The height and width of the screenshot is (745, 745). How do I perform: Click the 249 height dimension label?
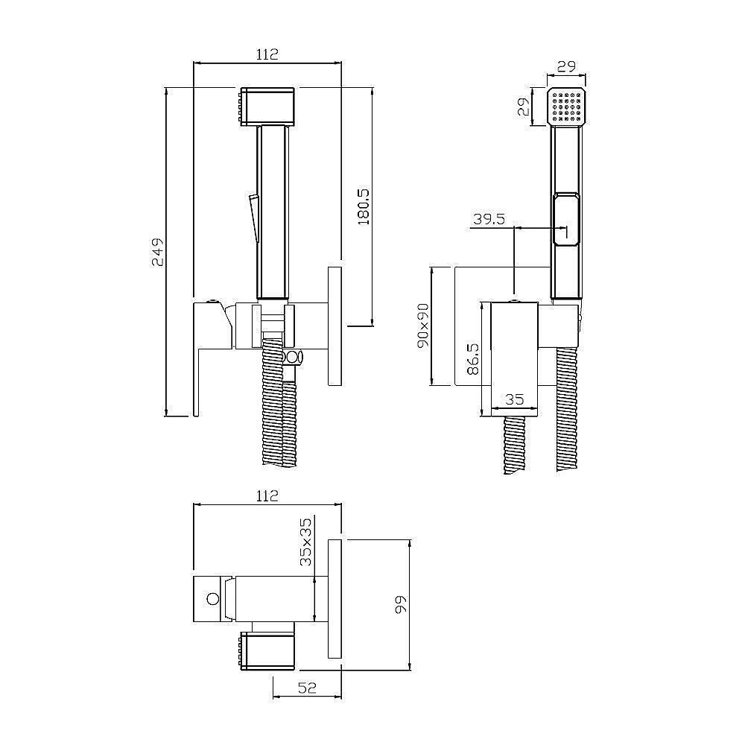(158, 252)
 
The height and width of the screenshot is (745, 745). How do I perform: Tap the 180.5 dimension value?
(364, 206)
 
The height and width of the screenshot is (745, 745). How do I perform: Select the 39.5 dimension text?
(489, 220)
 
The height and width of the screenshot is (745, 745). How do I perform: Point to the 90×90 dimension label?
(423, 326)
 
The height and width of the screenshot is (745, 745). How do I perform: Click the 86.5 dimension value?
(473, 359)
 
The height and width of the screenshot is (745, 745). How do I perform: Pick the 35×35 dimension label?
(306, 542)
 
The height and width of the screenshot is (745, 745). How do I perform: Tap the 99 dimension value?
(402, 604)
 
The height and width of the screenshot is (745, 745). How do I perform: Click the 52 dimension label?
(307, 688)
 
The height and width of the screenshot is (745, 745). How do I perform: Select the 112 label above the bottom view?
(267, 496)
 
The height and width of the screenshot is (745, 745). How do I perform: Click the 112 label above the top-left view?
(267, 54)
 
